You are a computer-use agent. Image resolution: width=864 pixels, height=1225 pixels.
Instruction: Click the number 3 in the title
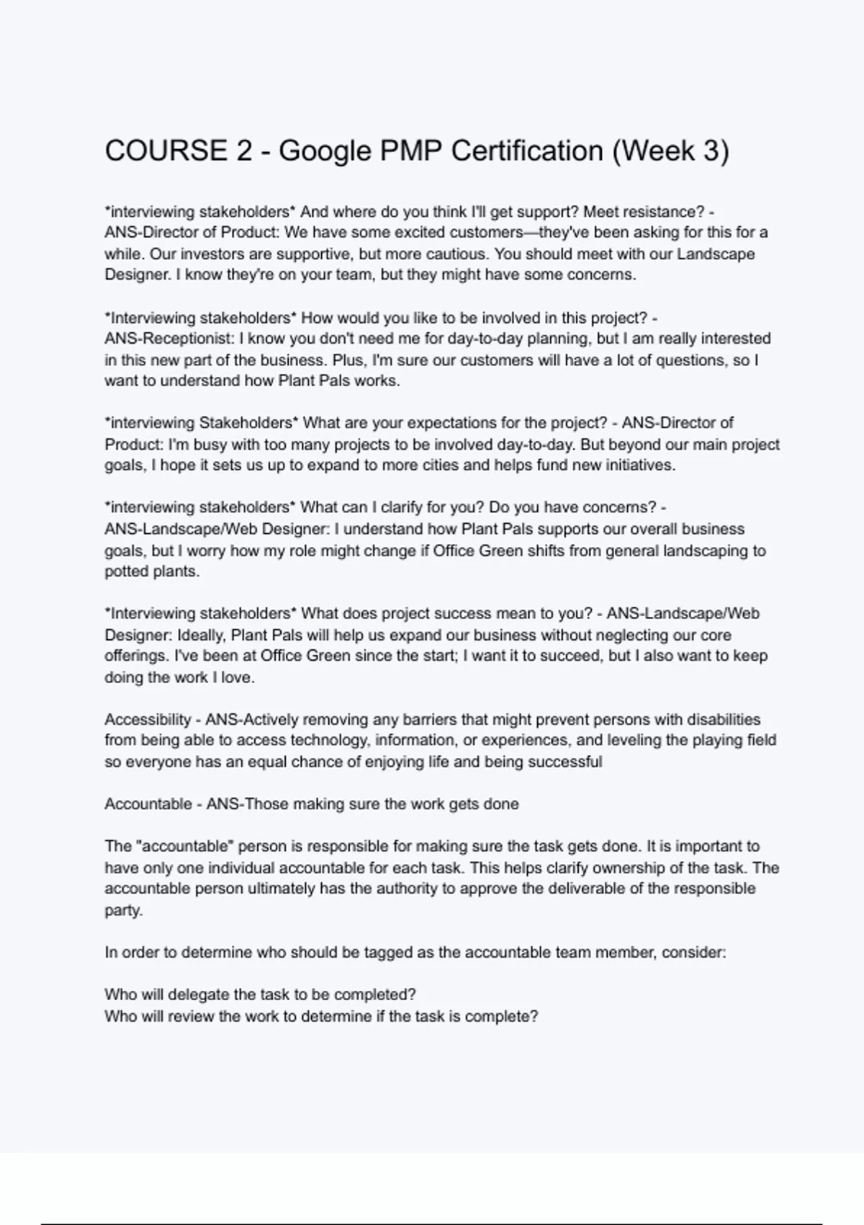tap(710, 151)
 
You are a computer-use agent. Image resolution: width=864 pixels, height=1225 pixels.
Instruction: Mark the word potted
tap(127, 571)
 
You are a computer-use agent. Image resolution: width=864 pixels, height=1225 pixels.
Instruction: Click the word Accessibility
tap(148, 720)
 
